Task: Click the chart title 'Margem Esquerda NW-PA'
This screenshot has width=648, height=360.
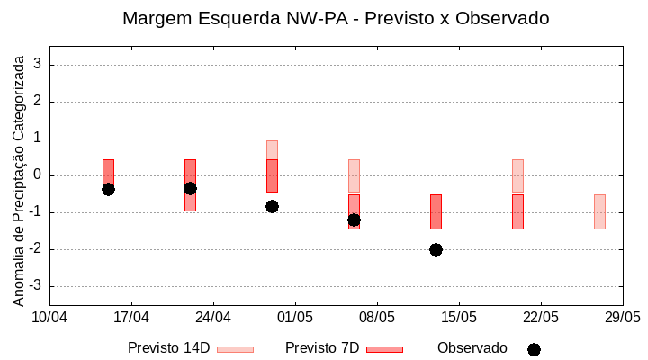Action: point(335,18)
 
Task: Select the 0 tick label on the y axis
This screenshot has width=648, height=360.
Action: point(39,175)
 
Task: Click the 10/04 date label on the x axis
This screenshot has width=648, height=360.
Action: point(49,318)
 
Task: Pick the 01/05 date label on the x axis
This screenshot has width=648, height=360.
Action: point(295,318)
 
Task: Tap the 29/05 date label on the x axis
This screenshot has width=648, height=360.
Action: point(622,318)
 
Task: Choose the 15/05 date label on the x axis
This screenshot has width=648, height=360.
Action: point(459,318)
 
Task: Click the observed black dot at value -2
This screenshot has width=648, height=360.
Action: point(436,249)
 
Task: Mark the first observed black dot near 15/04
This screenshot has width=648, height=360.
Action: point(108,189)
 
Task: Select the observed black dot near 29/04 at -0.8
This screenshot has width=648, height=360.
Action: point(272,206)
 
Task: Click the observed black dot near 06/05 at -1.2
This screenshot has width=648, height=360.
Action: point(354,220)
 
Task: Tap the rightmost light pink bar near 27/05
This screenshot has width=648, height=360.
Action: point(599,211)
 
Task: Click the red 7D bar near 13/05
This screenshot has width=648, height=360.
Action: point(436,211)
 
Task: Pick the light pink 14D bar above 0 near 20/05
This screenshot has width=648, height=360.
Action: point(517,175)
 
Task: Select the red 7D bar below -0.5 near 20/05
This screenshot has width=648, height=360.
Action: point(517,211)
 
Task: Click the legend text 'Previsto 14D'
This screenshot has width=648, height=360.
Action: point(168,348)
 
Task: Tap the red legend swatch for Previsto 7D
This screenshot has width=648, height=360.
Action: point(384,349)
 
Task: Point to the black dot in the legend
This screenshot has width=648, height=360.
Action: point(534,349)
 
